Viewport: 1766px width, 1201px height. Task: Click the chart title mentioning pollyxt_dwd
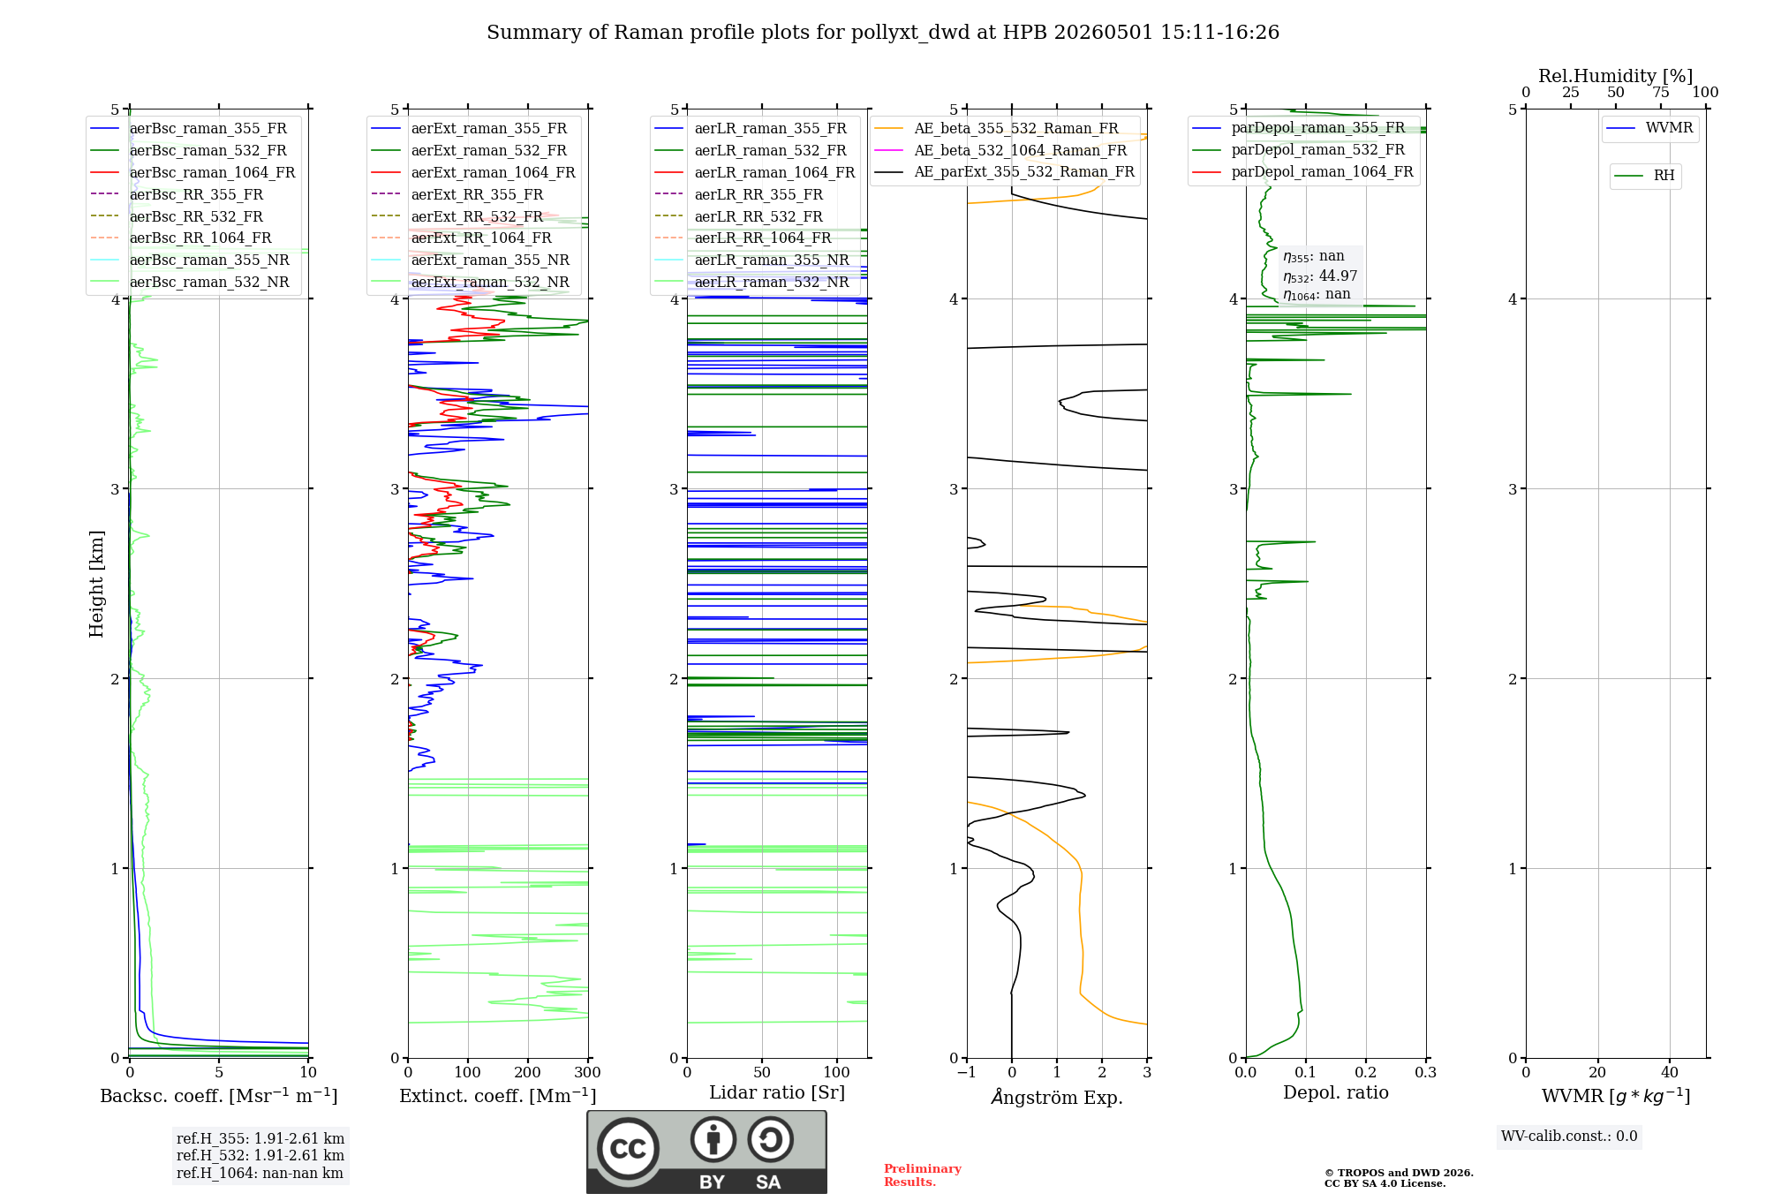tap(883, 33)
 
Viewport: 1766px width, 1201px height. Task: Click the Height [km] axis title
tap(96, 584)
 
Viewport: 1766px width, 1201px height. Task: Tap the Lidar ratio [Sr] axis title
tap(777, 1092)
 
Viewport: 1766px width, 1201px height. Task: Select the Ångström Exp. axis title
tap(1057, 1097)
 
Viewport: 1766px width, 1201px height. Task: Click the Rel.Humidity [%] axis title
tap(1616, 76)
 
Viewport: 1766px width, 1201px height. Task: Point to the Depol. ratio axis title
tap(1336, 1092)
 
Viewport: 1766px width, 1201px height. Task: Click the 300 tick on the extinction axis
tap(588, 1072)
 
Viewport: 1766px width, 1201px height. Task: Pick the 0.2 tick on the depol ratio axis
tap(1366, 1072)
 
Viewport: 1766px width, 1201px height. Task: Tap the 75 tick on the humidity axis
tap(1661, 93)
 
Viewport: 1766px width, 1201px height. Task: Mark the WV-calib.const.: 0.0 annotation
tap(1569, 1137)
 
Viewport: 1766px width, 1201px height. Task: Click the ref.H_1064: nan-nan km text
tap(260, 1173)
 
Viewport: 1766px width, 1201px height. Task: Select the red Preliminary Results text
tap(923, 1175)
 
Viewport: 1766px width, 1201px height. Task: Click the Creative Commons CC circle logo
tap(628, 1149)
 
